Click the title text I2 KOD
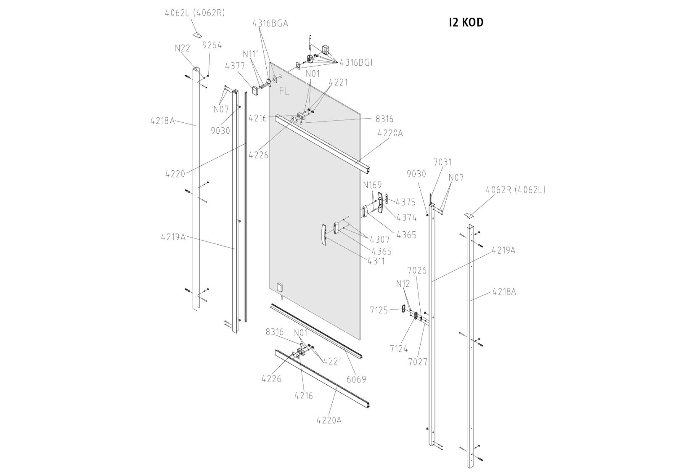point(466,23)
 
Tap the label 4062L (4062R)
point(195,13)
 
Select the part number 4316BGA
point(270,24)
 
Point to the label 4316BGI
point(356,63)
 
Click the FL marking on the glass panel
point(284,91)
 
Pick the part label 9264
point(212,45)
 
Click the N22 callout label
point(183,48)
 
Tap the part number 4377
point(235,66)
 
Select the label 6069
point(356,379)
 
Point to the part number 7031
point(442,162)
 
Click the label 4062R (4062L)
point(515,190)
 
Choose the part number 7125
point(379,310)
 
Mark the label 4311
point(376,261)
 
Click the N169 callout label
point(372,185)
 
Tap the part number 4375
point(405,202)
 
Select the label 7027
point(417,362)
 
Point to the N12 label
point(403,284)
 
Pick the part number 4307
point(380,240)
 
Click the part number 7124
point(399,349)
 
